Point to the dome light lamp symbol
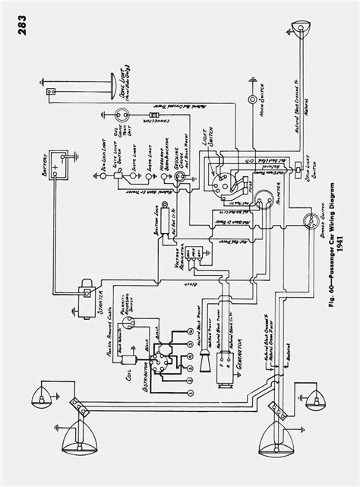pyautogui.click(x=50, y=93)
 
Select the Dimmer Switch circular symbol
pyautogui.click(x=310, y=220)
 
